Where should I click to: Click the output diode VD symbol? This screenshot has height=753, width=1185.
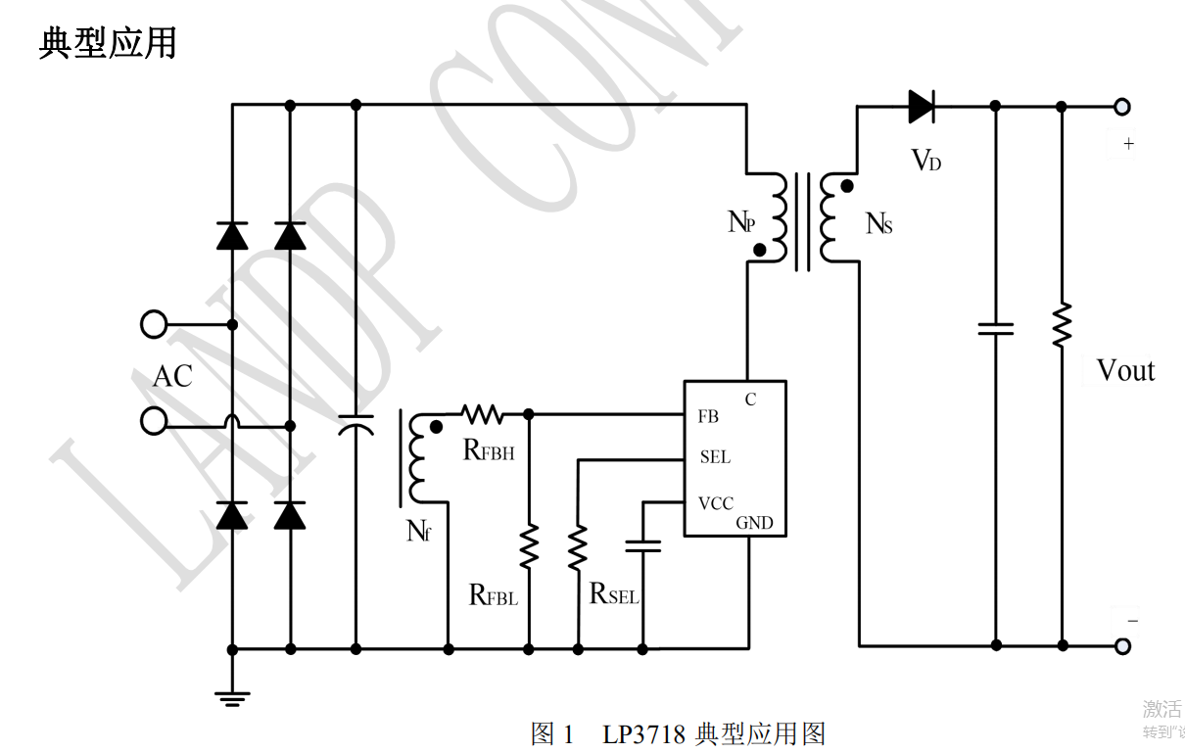pos(922,106)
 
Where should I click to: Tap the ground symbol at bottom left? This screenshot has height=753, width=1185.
pos(232,697)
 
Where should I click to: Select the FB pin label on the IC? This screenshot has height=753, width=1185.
pos(708,417)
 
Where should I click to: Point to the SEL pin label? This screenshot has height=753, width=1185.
pos(715,457)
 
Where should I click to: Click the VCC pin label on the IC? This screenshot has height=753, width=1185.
pos(716,503)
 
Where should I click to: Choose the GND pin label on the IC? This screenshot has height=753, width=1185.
pos(754,523)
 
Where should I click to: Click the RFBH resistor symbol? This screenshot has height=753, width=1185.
pos(482,414)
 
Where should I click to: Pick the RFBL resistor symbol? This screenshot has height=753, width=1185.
pos(529,546)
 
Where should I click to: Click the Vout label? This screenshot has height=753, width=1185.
pos(1125,371)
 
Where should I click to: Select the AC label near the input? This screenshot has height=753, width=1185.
pos(172,377)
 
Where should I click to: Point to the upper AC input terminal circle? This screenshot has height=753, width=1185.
pos(154,324)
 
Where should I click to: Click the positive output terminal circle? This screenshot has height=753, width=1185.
pos(1122,107)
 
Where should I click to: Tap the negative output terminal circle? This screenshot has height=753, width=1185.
pos(1122,646)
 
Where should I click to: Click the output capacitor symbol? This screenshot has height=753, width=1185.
pos(996,329)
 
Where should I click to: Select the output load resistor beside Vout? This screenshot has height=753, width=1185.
pos(1062,325)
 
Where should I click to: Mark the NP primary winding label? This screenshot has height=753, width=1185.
pos(741,223)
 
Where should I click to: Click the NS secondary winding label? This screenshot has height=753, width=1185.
pos(878,224)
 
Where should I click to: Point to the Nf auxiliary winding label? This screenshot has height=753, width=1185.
pos(418,533)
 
